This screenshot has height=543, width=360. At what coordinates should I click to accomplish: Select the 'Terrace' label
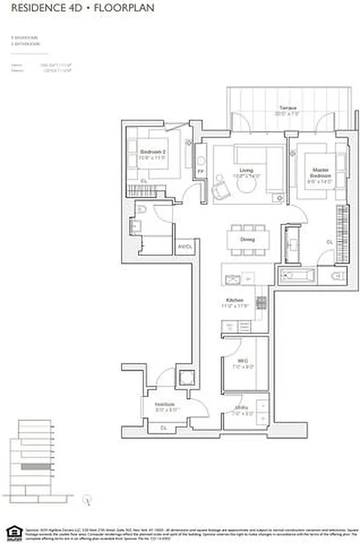point(281,109)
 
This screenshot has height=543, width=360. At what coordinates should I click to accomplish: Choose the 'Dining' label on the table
point(248,239)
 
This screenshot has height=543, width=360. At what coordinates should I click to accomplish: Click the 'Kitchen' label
point(235,299)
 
